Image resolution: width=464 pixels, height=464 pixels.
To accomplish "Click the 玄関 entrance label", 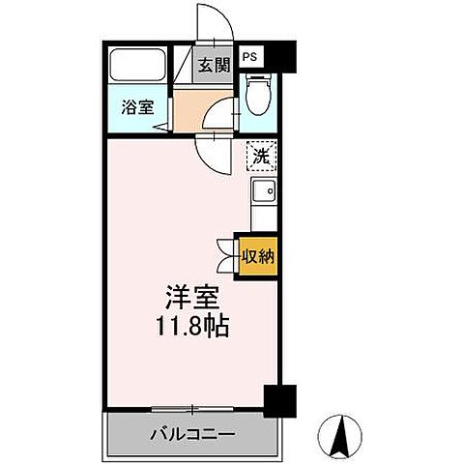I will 215,66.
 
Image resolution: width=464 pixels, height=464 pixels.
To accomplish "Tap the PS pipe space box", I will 250,56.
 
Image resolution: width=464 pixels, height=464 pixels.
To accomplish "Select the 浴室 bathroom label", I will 135,107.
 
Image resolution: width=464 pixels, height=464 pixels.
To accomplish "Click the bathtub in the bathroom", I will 137,67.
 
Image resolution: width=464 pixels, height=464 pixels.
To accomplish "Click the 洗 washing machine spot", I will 262,153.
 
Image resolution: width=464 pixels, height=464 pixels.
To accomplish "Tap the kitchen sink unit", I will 263,196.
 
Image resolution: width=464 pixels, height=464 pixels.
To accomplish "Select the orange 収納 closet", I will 257,257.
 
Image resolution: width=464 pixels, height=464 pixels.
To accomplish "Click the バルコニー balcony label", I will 191,434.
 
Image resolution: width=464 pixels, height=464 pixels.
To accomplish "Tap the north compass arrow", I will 340,435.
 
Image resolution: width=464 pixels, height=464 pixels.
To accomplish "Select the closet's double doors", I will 229,256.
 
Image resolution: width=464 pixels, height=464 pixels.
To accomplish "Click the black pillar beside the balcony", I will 277,399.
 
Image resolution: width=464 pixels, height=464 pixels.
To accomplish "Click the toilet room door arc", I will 222,113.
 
